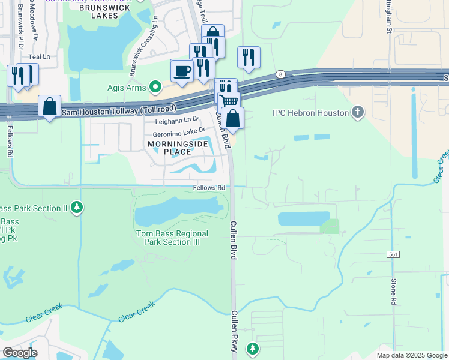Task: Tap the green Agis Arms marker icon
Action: click(x=156, y=88)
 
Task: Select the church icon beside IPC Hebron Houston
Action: click(x=358, y=112)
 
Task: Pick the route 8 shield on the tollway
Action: click(x=280, y=74)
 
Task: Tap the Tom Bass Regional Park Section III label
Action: click(x=172, y=238)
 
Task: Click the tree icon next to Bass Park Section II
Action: click(x=76, y=208)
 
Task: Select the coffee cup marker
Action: click(x=182, y=71)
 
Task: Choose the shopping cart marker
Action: click(x=228, y=100)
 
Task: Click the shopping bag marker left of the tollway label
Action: click(x=49, y=106)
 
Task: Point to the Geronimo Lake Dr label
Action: click(x=179, y=129)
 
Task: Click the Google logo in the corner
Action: click(x=19, y=352)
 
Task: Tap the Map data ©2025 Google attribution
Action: click(x=411, y=355)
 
